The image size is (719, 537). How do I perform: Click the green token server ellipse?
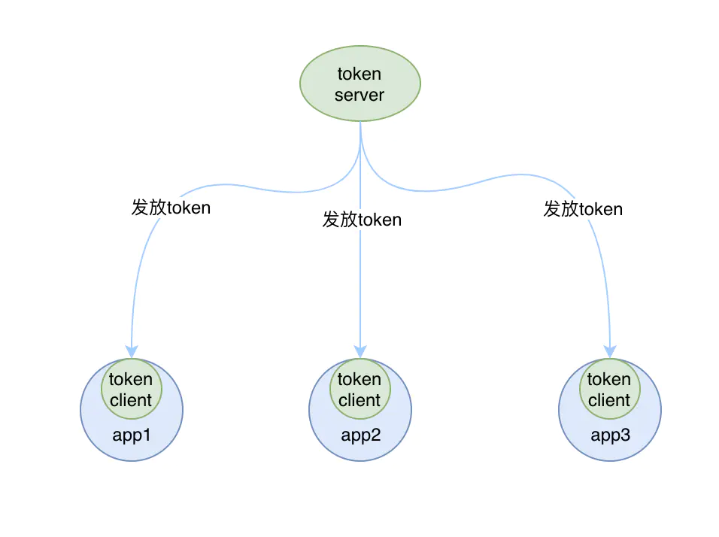360,83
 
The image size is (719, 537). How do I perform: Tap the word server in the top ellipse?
359,95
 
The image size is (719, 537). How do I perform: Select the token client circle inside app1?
131,389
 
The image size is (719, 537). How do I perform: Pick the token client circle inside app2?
360,389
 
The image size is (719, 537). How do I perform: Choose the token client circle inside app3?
609,389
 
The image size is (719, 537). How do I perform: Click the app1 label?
131,435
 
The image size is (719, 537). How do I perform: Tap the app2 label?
360,435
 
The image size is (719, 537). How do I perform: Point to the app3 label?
611,435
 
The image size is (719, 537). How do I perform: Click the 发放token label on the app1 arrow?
171,208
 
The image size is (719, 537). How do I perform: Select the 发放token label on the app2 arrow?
362,220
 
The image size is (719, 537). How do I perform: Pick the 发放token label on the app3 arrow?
583,209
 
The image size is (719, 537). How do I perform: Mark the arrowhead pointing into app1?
132,351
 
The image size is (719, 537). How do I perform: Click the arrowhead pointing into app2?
360,351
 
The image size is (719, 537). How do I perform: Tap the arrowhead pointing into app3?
610,351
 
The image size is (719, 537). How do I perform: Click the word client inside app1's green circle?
131,400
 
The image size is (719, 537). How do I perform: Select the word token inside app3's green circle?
609,379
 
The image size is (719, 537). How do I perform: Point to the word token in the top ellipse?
359,74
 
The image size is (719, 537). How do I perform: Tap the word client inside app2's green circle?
359,400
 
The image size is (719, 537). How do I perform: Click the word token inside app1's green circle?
131,379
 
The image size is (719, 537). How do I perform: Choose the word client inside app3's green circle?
609,400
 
